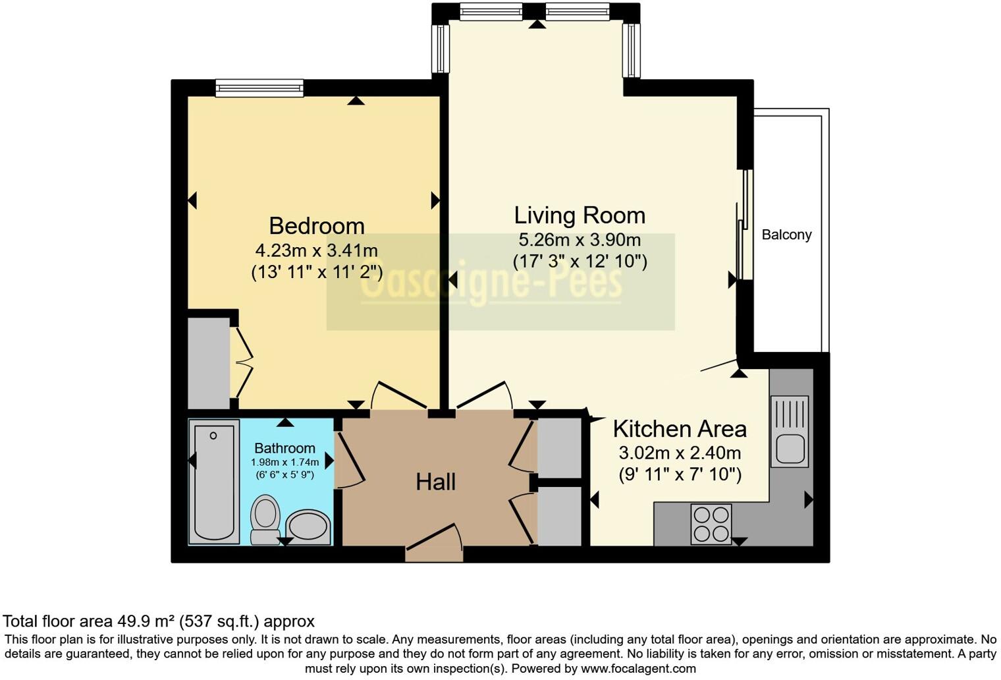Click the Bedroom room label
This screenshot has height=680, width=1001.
pyautogui.click(x=316, y=226)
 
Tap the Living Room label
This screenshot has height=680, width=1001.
pyautogui.click(x=580, y=215)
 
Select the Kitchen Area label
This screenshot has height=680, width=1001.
pyautogui.click(x=680, y=429)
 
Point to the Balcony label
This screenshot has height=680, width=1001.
pyautogui.click(x=786, y=235)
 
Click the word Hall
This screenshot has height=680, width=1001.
pyautogui.click(x=436, y=482)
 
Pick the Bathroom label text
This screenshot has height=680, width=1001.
pyautogui.click(x=284, y=448)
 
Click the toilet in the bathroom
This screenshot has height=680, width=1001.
pyautogui.click(x=265, y=519)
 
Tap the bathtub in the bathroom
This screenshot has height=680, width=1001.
pyautogui.click(x=214, y=482)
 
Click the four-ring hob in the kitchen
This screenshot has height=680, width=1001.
pyautogui.click(x=711, y=524)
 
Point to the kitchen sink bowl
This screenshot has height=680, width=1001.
pyautogui.click(x=790, y=449)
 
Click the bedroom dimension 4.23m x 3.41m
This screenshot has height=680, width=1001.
pyautogui.click(x=316, y=250)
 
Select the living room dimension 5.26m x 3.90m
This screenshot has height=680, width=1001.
pyautogui.click(x=580, y=240)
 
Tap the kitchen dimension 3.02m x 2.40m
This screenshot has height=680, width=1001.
pyautogui.click(x=680, y=453)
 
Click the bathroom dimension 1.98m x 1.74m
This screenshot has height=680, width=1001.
pyautogui.click(x=284, y=463)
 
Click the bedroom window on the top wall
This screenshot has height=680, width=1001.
pyautogui.click(x=259, y=88)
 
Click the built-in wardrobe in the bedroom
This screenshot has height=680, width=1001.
pyautogui.click(x=209, y=363)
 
